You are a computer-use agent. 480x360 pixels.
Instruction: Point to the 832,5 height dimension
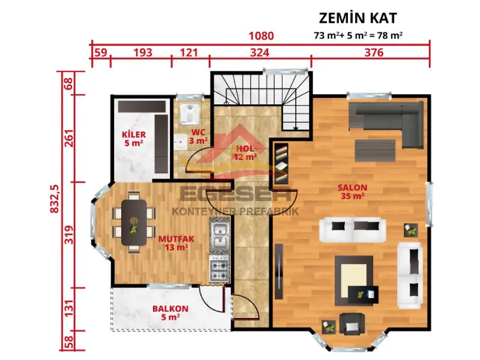pyautogui.click(x=55, y=196)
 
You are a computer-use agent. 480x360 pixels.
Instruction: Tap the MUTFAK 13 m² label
pyautogui.click(x=173, y=242)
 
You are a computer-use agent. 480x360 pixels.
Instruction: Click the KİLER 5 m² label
pyautogui.click(x=133, y=138)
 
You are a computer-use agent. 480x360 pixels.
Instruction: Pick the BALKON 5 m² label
pyautogui.click(x=170, y=313)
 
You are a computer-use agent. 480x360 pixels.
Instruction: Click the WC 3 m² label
pyautogui.click(x=199, y=136)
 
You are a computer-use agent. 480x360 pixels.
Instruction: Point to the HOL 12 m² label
pyautogui.click(x=245, y=152)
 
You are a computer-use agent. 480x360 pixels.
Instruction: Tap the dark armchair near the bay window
pyautogui.click(x=351, y=324)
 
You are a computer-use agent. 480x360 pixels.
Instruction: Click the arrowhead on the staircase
pyautogui.click(x=295, y=127)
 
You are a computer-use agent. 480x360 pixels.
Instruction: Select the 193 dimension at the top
pyautogui.click(x=142, y=53)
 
